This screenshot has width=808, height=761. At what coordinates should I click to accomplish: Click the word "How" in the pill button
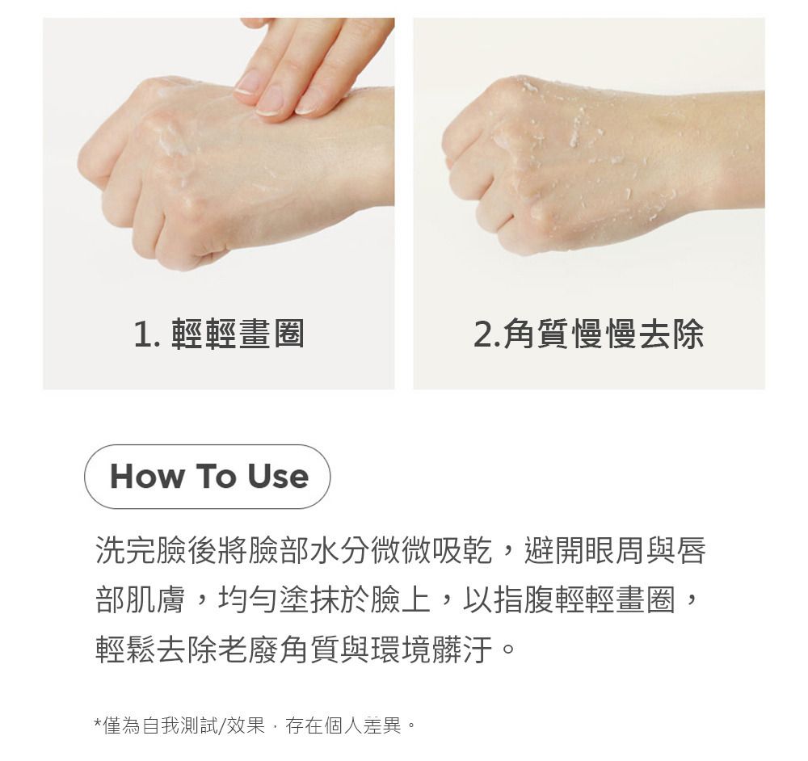click(147, 476)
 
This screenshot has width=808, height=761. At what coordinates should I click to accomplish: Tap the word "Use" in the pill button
click(278, 476)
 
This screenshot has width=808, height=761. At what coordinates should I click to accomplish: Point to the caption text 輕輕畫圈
click(238, 334)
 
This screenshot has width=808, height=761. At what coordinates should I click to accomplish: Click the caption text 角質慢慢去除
click(604, 334)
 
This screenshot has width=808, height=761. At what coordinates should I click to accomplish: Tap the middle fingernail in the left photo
click(270, 100)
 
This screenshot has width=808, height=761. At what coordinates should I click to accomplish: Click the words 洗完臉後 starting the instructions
click(156, 550)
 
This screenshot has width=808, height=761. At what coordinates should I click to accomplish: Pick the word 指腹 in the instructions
click(524, 599)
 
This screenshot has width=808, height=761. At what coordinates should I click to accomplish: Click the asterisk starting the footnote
click(98, 722)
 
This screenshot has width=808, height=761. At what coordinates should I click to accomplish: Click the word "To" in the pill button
click(216, 476)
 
